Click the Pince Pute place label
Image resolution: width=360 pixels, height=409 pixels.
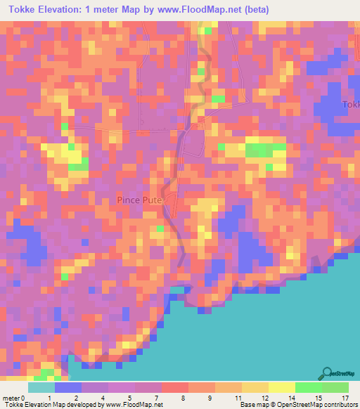pos(140,200)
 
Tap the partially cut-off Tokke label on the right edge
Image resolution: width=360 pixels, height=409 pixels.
pos(351,105)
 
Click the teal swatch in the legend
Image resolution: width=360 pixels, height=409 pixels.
pos(41,387)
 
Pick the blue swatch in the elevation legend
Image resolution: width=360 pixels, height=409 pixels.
pos(67,387)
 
